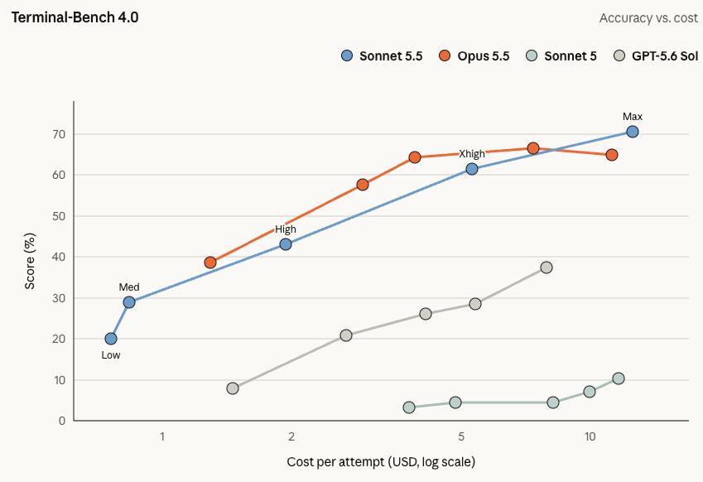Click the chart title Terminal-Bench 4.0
(75, 17)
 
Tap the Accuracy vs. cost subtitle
(648, 18)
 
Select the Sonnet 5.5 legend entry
(382, 56)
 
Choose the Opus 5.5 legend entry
(474, 56)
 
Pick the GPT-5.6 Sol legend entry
(656, 56)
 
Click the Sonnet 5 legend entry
(561, 56)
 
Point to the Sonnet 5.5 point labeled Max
(632, 132)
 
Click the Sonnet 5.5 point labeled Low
(111, 339)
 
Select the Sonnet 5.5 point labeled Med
(129, 302)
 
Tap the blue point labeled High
(286, 244)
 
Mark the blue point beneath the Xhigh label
(472, 169)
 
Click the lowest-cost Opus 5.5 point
(210, 263)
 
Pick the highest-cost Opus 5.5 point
(612, 155)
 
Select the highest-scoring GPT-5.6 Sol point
(546, 268)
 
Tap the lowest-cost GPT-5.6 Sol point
(232, 388)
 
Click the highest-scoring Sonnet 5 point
(619, 378)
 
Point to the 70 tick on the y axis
(60, 134)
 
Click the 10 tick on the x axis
(590, 436)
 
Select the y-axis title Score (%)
(30, 261)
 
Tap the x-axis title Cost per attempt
(381, 461)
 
